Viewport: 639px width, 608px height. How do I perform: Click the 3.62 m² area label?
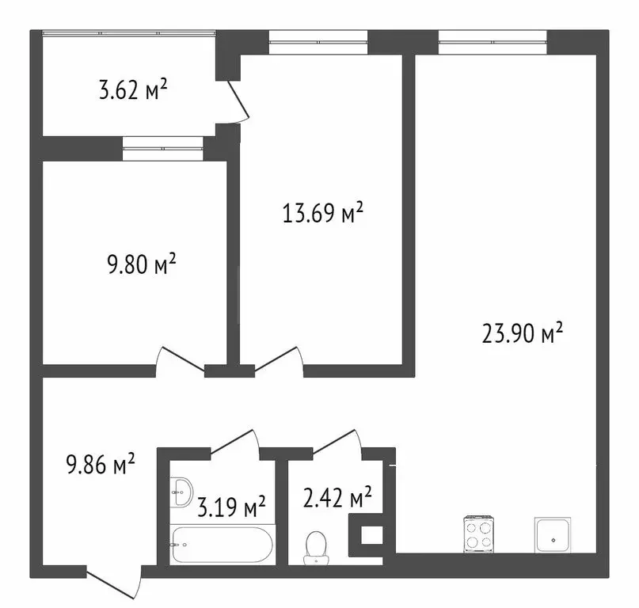[x=132, y=90]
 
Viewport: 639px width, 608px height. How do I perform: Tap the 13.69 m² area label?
[x=323, y=214]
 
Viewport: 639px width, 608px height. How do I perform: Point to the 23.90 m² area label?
[x=522, y=335]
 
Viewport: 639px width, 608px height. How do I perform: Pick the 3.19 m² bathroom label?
[x=230, y=505]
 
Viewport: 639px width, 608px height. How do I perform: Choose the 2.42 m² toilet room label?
[x=337, y=500]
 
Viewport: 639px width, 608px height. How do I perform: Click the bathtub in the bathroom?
[x=222, y=545]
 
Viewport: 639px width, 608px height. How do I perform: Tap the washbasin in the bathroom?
[x=181, y=493]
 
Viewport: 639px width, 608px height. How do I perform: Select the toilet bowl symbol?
[x=316, y=546]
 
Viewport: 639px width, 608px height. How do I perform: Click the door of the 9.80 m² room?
[x=181, y=361]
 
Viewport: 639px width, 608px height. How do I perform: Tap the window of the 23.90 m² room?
[x=493, y=41]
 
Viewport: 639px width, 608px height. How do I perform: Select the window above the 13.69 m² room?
[x=318, y=41]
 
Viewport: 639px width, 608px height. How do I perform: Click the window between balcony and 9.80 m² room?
[x=162, y=148]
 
